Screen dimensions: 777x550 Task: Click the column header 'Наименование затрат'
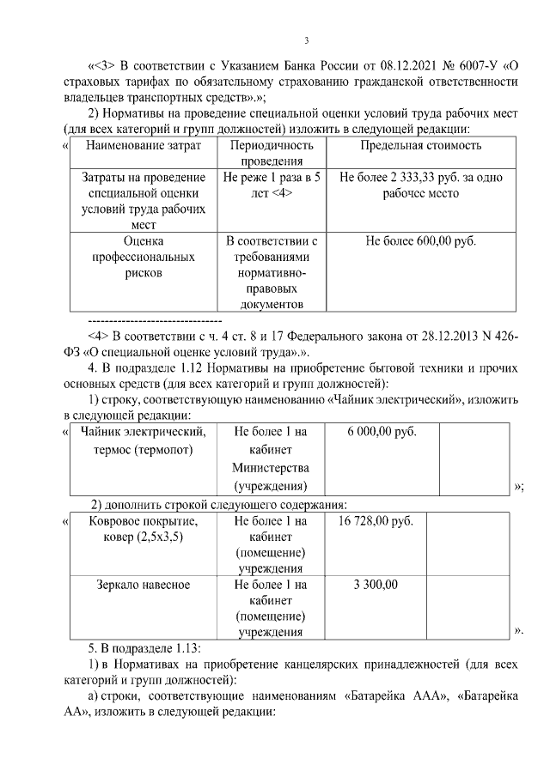pos(144,145)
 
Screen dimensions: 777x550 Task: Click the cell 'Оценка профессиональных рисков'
pos(144,257)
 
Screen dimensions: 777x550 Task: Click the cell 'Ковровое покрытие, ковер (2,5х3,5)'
pos(144,529)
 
